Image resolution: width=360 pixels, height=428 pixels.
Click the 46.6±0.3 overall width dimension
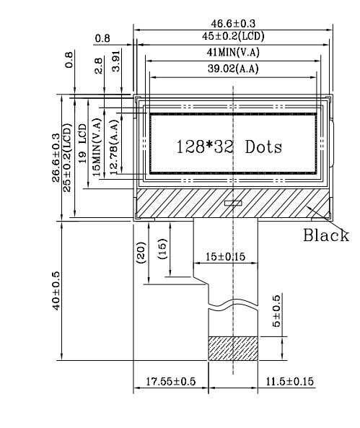click(233, 24)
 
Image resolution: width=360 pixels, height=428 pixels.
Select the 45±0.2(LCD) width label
click(233, 36)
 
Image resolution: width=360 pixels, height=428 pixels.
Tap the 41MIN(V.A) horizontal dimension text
click(233, 52)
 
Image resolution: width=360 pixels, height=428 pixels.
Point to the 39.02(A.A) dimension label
click(233, 69)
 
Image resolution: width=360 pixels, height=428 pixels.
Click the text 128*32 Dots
click(229, 147)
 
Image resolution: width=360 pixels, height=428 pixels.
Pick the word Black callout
click(326, 235)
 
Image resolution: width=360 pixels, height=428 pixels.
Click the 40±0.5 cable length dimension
click(56, 290)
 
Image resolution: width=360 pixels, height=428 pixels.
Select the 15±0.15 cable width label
click(225, 256)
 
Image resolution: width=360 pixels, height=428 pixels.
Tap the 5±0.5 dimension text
click(276, 311)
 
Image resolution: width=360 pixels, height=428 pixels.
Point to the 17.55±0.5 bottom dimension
click(171, 381)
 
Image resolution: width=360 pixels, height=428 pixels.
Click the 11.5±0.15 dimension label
click(290, 381)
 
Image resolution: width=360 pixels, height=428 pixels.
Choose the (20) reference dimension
click(141, 253)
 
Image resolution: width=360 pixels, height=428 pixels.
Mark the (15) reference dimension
click(162, 249)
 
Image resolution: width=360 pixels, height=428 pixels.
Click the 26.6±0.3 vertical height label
click(56, 157)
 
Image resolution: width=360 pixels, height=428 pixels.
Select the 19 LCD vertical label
click(82, 144)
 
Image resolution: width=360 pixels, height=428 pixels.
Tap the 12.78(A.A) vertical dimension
click(114, 147)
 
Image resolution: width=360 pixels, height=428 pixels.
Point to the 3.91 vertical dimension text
click(115, 61)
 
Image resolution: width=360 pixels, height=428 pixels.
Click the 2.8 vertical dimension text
click(98, 66)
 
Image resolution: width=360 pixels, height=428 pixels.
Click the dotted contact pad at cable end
click(233, 349)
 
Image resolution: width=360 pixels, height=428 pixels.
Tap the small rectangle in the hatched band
click(233, 203)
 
